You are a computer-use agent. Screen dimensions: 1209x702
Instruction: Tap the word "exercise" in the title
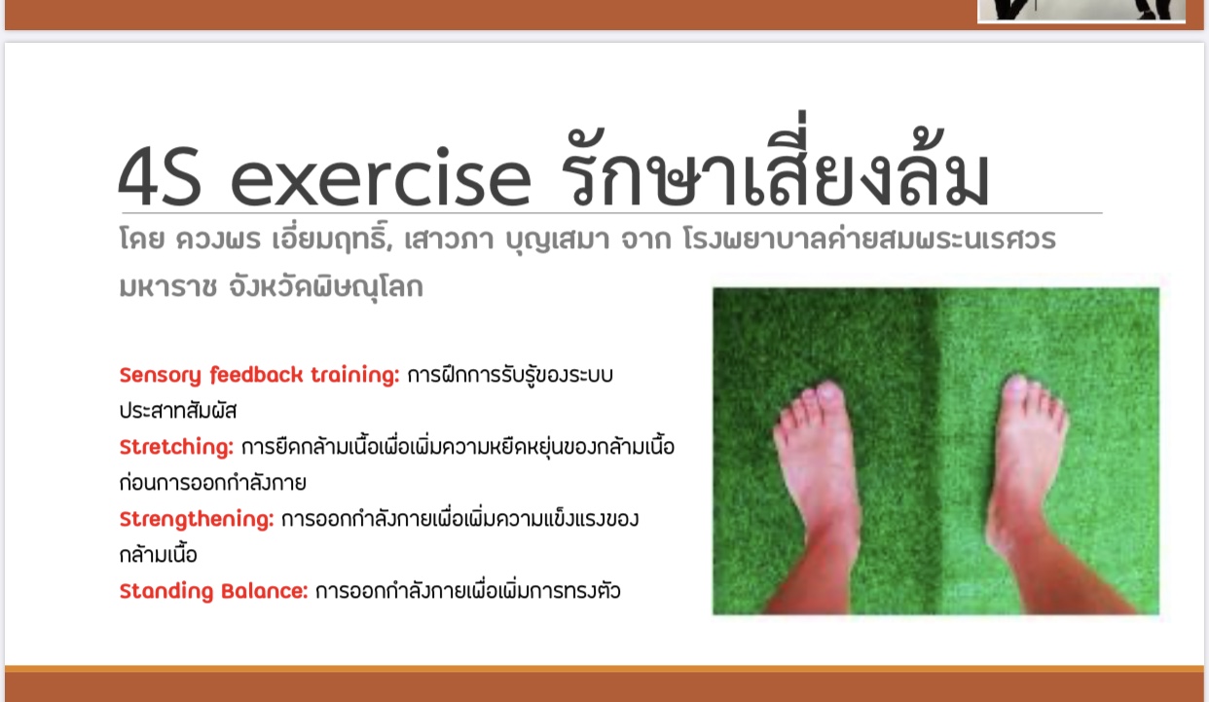coord(381,177)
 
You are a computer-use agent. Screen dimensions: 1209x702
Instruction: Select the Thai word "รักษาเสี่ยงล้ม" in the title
coord(775,160)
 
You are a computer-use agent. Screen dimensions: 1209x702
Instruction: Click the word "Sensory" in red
coord(160,376)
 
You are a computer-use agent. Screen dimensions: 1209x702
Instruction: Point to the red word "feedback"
coord(256,375)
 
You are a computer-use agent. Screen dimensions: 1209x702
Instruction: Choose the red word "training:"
coord(355,375)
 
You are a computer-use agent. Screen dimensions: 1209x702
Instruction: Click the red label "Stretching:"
coord(176,448)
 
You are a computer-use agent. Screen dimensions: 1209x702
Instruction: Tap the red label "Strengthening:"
coord(197,520)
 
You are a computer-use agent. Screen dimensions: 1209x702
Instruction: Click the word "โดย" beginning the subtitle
coord(141,240)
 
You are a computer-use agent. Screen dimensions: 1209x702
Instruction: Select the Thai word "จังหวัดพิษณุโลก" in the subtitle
coord(326,285)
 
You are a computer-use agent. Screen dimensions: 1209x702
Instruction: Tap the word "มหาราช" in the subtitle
coord(167,287)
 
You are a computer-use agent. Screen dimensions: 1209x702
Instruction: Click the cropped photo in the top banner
coord(1081,11)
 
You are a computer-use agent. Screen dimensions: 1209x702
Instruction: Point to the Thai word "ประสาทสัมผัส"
coord(178,411)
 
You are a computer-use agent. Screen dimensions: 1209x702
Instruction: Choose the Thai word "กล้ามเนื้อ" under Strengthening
coord(158,553)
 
